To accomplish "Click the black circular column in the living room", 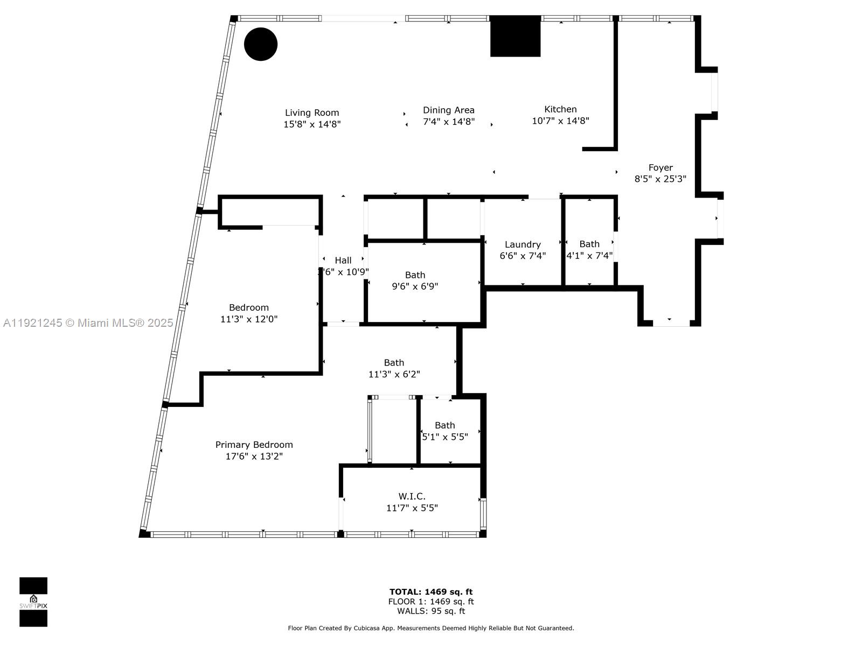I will [x=261, y=44].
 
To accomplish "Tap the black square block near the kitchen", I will [x=515, y=36].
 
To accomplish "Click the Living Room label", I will [x=312, y=113].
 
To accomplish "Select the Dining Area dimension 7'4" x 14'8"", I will [x=448, y=122].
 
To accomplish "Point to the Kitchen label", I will [x=560, y=109].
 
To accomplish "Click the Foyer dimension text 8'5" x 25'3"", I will [x=660, y=179].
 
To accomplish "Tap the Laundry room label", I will [x=523, y=244].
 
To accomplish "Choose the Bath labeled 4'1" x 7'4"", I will [x=589, y=250].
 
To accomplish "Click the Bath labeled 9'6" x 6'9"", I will [x=415, y=280].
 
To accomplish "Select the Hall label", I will [x=343, y=261].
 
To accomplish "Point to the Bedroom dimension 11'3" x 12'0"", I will [x=249, y=319].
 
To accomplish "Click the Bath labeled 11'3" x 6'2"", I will [x=394, y=368].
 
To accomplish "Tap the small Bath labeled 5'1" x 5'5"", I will [x=445, y=431].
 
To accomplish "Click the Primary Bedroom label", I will [x=254, y=445].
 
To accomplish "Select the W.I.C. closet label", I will [x=412, y=496].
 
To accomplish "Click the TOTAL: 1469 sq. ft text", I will [x=431, y=592].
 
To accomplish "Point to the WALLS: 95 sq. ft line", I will [x=431, y=611].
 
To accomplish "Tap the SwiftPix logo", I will [x=33, y=602].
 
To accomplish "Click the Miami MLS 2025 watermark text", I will [x=88, y=323].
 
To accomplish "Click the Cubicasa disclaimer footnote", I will [x=431, y=628].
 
